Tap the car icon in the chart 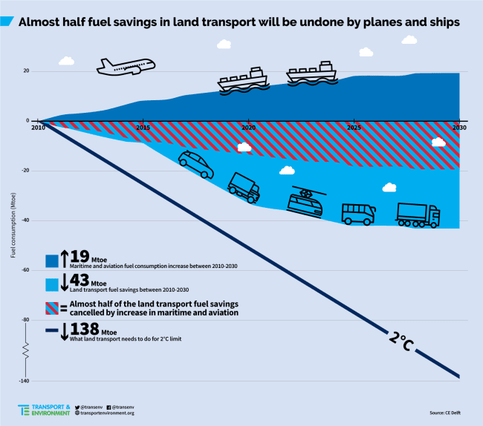pyautogui.click(x=195, y=163)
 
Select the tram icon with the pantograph pyautogui.click(x=305, y=201)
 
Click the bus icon pyautogui.click(x=359, y=213)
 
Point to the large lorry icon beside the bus pyautogui.click(x=418, y=214)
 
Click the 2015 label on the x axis pyautogui.click(x=143, y=128)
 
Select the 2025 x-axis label pyautogui.click(x=354, y=128)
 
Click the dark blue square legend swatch pyautogui.click(x=51, y=260)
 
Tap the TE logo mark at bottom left pyautogui.click(x=25, y=410)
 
